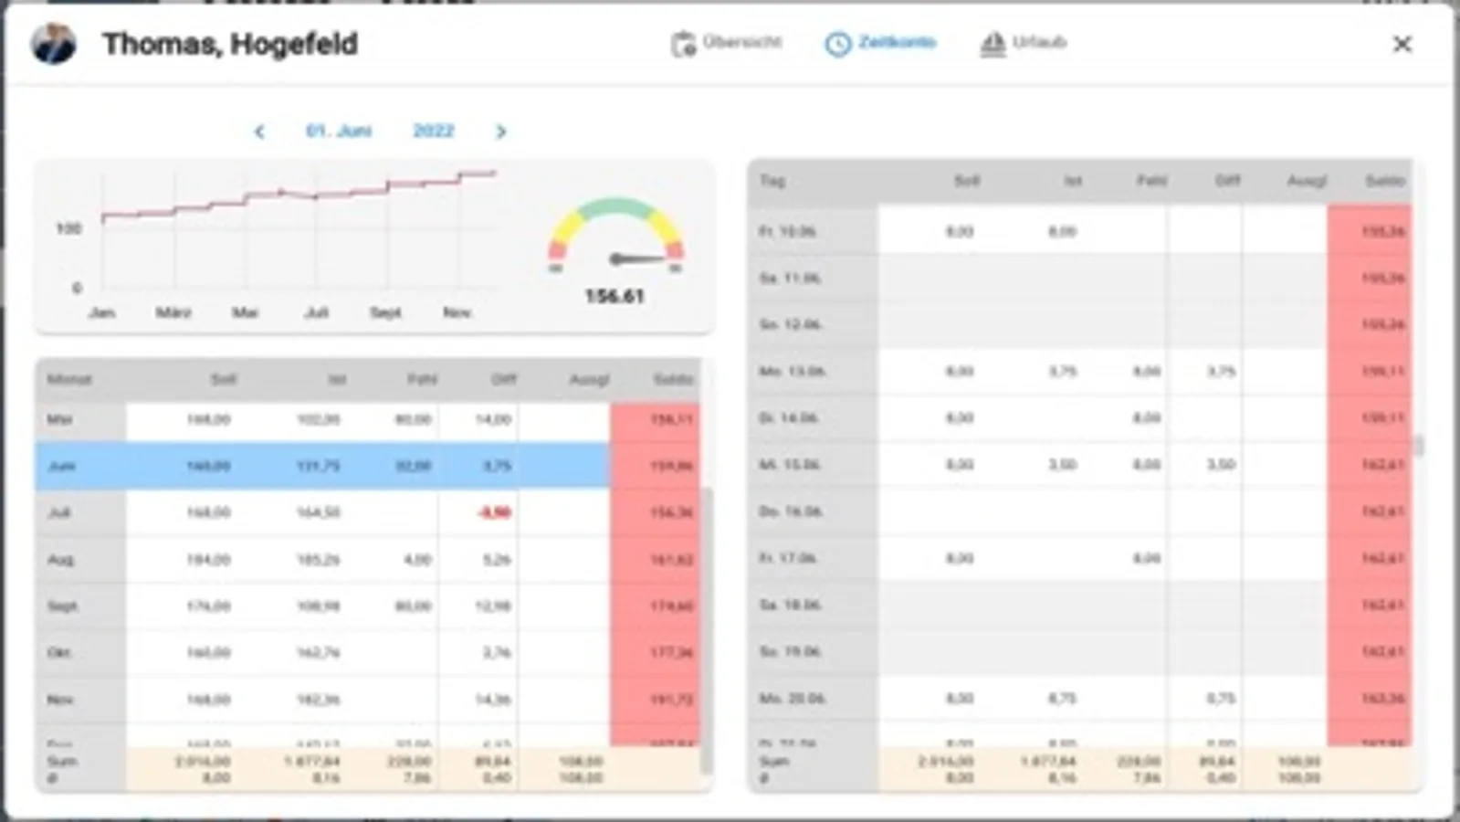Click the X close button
pyautogui.click(x=1402, y=44)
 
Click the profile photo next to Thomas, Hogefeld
pyautogui.click(x=53, y=43)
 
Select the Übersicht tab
pyautogui.click(x=727, y=43)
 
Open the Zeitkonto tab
pyautogui.click(x=881, y=43)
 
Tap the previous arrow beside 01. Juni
pyautogui.click(x=259, y=132)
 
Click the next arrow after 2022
pyautogui.click(x=500, y=132)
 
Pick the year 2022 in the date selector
pyautogui.click(x=433, y=131)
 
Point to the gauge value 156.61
pyautogui.click(x=614, y=296)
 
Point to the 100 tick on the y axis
pyautogui.click(x=68, y=228)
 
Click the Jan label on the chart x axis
pyautogui.click(x=101, y=312)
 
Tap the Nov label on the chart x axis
pyautogui.click(x=457, y=312)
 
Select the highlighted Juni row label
pyautogui.click(x=61, y=466)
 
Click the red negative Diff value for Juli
pyautogui.click(x=494, y=512)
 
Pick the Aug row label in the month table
pyautogui.click(x=60, y=559)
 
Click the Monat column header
pyautogui.click(x=69, y=379)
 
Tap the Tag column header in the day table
pyautogui.click(x=772, y=181)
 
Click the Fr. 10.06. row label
pyautogui.click(x=787, y=232)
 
